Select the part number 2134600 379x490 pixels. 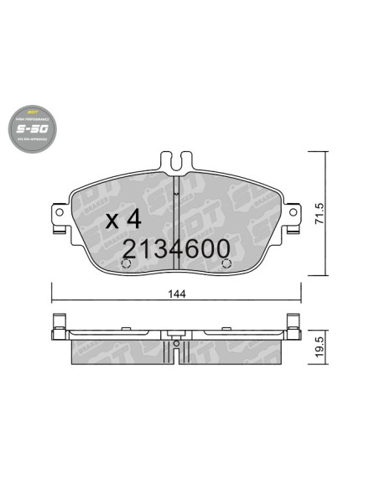[x=177, y=249]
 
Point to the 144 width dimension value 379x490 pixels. [x=177, y=294]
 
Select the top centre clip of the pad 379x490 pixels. [x=176, y=159]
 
